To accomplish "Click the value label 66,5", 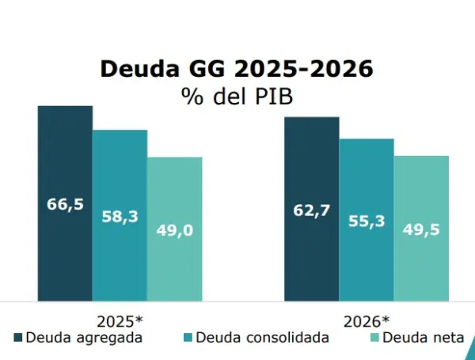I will coord(65,204).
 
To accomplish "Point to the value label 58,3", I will coord(120,215).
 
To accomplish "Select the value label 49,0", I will coord(174,230).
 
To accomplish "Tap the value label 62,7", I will coord(312,211).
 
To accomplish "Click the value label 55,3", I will coord(367,221).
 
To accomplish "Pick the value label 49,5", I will coord(421,229).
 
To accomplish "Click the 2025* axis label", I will coord(120,322).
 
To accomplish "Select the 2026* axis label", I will coord(367,322).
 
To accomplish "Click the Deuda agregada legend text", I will coord(84,338).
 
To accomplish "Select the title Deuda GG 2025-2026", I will coord(237,69).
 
